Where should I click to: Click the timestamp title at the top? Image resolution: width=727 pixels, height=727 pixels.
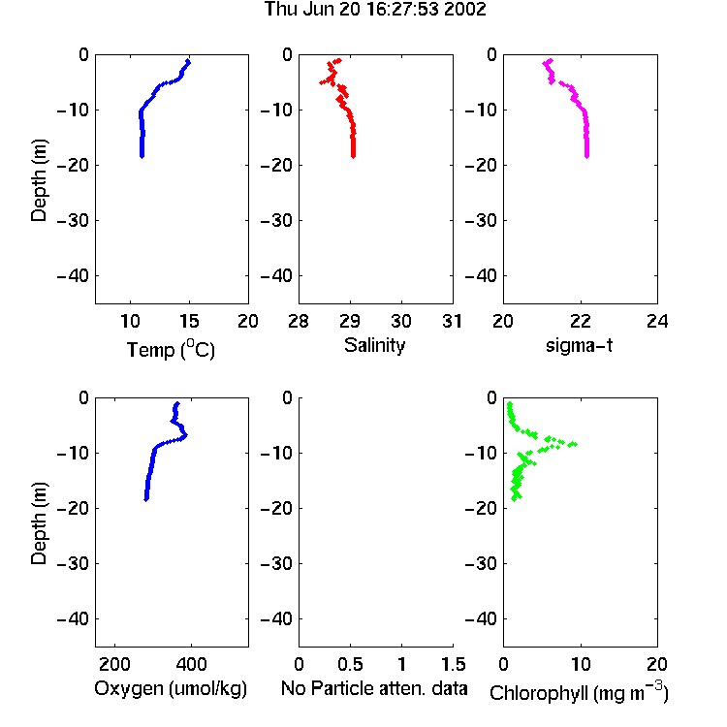pos(375,9)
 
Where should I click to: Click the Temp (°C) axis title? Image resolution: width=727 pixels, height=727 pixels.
pos(171,349)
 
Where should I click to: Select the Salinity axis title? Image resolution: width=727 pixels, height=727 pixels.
pos(374,345)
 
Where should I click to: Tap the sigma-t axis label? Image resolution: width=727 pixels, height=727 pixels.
pos(579,345)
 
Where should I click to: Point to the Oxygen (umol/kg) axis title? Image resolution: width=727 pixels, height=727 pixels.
pos(171,688)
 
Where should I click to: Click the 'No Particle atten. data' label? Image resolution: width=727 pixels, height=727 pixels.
pos(374,688)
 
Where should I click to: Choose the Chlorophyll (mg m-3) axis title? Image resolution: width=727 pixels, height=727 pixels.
pos(579,692)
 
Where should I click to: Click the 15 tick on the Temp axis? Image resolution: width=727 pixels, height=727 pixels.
pos(189,321)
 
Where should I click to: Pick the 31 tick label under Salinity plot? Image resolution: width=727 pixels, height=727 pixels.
pos(452,321)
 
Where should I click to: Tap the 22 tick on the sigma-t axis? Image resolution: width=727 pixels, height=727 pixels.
pos(580,321)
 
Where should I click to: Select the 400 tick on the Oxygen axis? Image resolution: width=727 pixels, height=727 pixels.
pos(191,664)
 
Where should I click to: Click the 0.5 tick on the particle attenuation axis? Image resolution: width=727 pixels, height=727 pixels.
pos(350,664)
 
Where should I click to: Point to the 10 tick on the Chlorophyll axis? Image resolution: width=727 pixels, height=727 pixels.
pos(580,664)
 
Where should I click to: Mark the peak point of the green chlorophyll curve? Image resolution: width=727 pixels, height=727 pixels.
pos(575,444)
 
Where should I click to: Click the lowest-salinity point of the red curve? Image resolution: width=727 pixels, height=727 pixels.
pos(321,82)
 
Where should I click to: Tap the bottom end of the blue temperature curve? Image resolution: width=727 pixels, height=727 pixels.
pos(142,156)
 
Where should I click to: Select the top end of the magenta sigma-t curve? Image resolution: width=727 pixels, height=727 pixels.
pos(551,60)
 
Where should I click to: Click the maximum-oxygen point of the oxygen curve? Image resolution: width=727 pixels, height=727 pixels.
pos(185,435)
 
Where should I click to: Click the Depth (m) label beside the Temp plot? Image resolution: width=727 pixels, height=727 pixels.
pos(39,180)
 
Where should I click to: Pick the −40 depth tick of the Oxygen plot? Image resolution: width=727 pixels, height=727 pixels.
pos(73,618)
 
